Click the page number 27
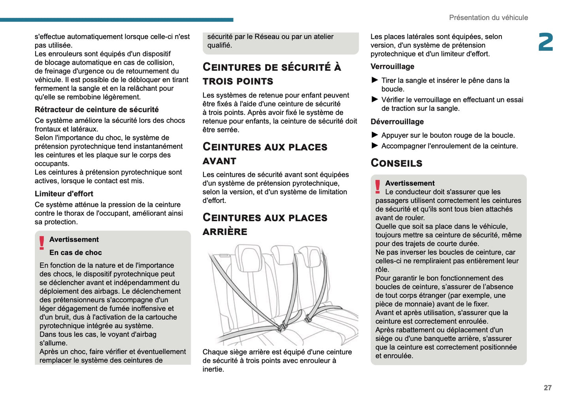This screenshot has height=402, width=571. pos(547,388)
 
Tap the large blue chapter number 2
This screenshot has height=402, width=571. pos(546,42)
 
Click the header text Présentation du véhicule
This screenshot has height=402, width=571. pos(488,18)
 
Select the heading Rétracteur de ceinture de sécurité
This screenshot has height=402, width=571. pos(97,110)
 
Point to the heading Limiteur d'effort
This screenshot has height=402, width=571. pos(64,194)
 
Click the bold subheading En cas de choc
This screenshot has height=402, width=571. pos(75,253)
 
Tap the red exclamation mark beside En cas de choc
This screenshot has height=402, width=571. pos(42,243)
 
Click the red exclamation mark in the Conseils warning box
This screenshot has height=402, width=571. pos(378,186)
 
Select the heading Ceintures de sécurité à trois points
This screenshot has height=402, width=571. pos(271,74)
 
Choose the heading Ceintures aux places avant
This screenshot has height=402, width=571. pos(265,154)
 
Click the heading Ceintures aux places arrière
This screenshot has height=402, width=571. pos(265,224)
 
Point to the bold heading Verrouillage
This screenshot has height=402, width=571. pos(392,67)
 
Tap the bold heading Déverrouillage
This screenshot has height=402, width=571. pos(397,122)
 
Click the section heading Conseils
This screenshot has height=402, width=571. pos(396,163)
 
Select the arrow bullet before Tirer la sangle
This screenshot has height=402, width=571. pos(375,80)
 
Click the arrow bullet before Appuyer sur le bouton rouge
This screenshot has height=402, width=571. pos(375,135)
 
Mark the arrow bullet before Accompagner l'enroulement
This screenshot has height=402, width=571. pos(375,146)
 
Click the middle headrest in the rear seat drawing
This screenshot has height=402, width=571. pos(282,253)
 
